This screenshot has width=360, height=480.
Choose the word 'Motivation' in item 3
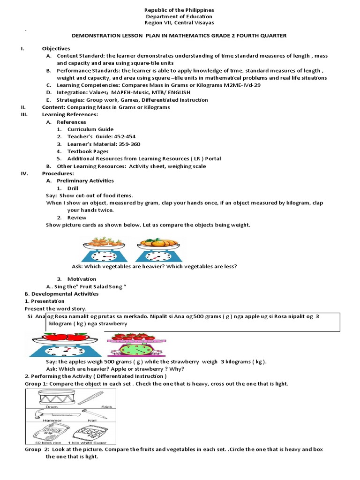tap(82, 279)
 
